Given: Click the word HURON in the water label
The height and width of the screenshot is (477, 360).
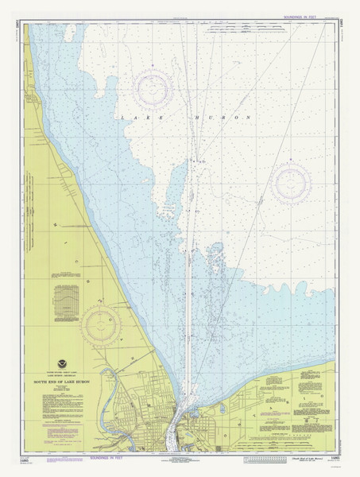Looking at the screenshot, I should (221, 118).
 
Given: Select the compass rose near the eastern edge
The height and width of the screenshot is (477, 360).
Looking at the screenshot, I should (291, 184).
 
